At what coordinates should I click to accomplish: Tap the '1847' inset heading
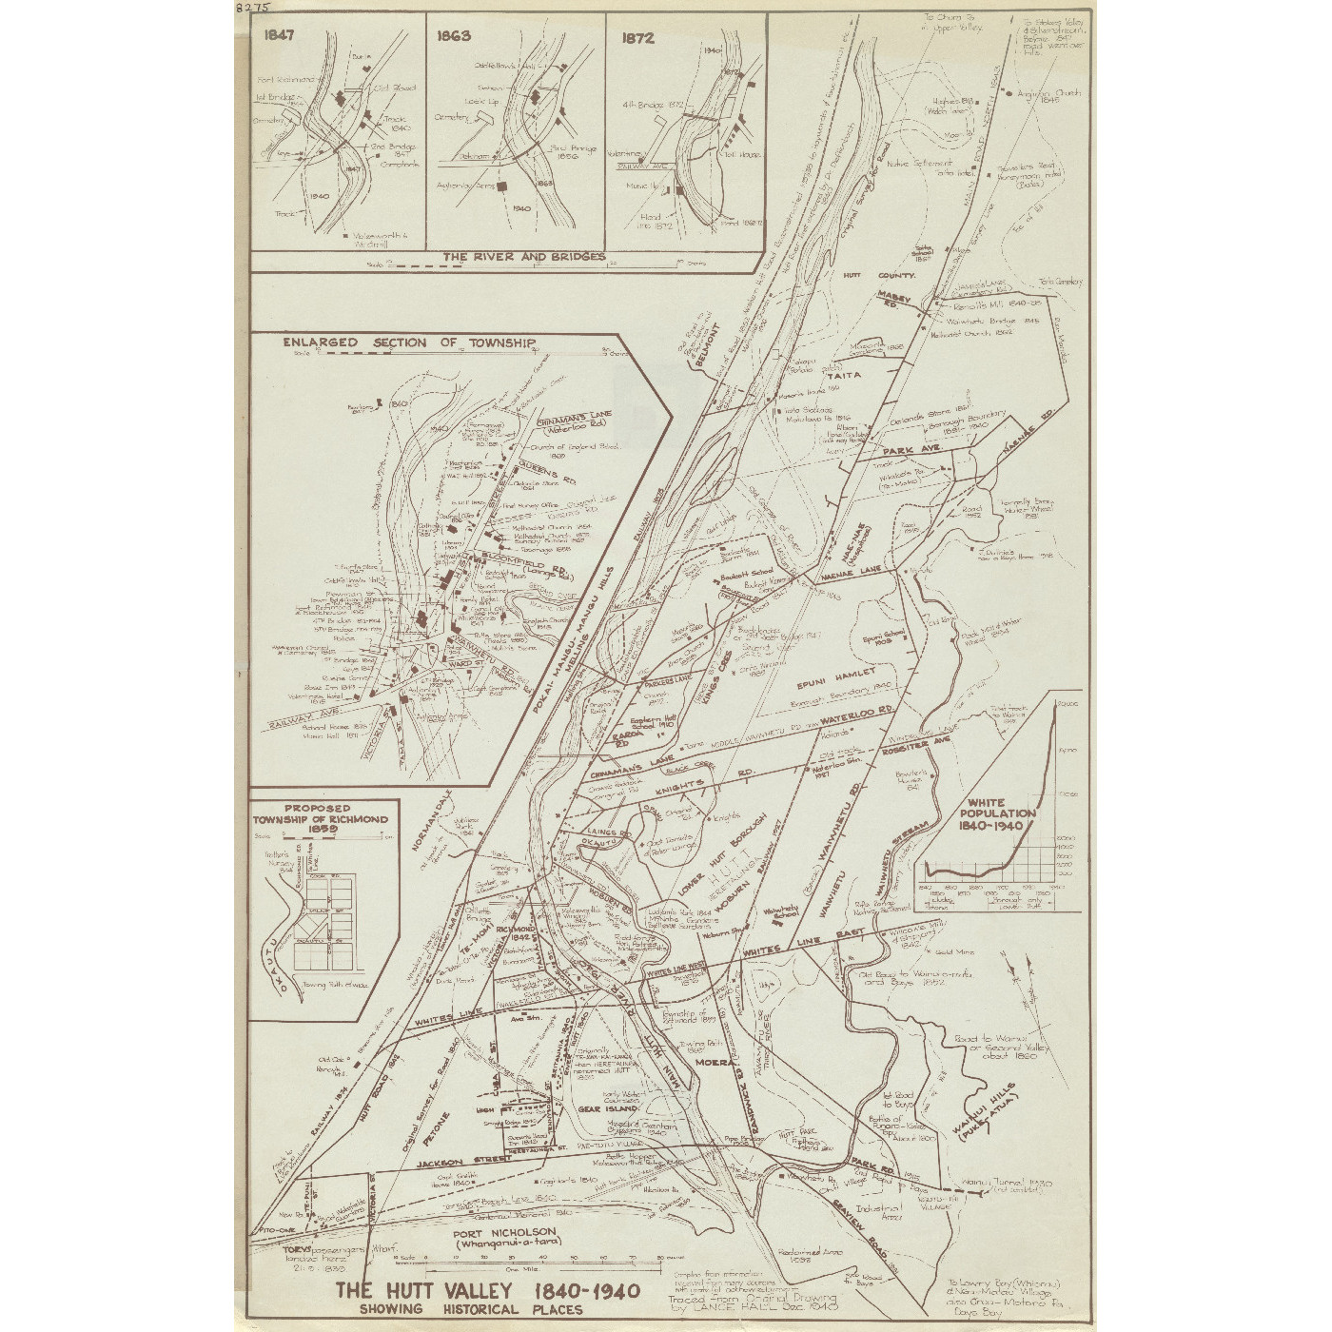281,37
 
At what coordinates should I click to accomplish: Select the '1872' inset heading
637,38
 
